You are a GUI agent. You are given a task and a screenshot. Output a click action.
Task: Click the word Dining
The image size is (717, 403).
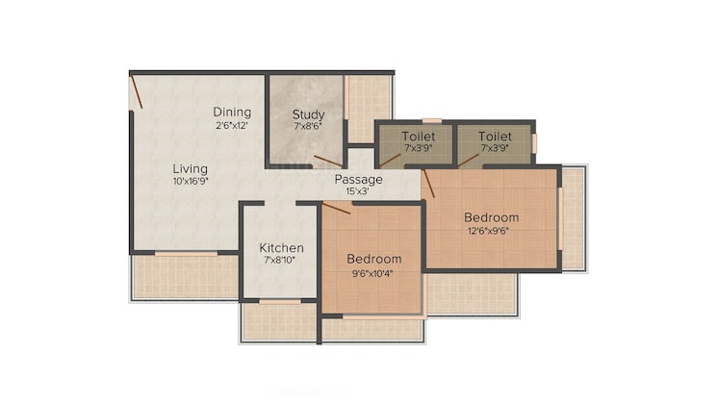[x=232, y=112]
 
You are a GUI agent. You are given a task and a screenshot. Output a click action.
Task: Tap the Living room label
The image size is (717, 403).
[x=190, y=168]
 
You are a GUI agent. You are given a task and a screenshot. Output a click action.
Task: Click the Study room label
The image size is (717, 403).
[x=309, y=114]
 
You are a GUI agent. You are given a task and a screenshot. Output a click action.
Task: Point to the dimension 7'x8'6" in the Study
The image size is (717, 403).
[x=309, y=127]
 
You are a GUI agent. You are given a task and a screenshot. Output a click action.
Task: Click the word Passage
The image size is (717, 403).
[x=358, y=179]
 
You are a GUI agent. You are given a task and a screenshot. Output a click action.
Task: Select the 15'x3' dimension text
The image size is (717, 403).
[x=357, y=191]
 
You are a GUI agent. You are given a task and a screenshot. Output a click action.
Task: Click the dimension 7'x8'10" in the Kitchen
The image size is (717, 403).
[x=281, y=260]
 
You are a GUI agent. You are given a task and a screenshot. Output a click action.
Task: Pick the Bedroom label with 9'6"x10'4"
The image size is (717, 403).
[x=373, y=259]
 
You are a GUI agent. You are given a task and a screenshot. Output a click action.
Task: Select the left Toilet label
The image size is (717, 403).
[x=418, y=137]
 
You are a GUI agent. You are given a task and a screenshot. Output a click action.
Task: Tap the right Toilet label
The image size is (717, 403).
[x=495, y=137]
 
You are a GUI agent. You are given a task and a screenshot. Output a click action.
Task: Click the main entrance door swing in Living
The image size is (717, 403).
[x=137, y=91]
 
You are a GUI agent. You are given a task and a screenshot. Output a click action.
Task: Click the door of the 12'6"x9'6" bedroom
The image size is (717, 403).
[x=429, y=183]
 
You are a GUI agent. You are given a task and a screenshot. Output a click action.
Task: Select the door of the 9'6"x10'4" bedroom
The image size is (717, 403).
[x=336, y=208]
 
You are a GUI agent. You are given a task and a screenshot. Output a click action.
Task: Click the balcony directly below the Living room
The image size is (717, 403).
[x=184, y=276]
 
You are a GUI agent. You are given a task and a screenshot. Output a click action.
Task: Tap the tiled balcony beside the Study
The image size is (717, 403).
[x=369, y=108]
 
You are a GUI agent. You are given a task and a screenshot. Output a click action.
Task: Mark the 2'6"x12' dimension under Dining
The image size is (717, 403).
[x=232, y=125]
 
